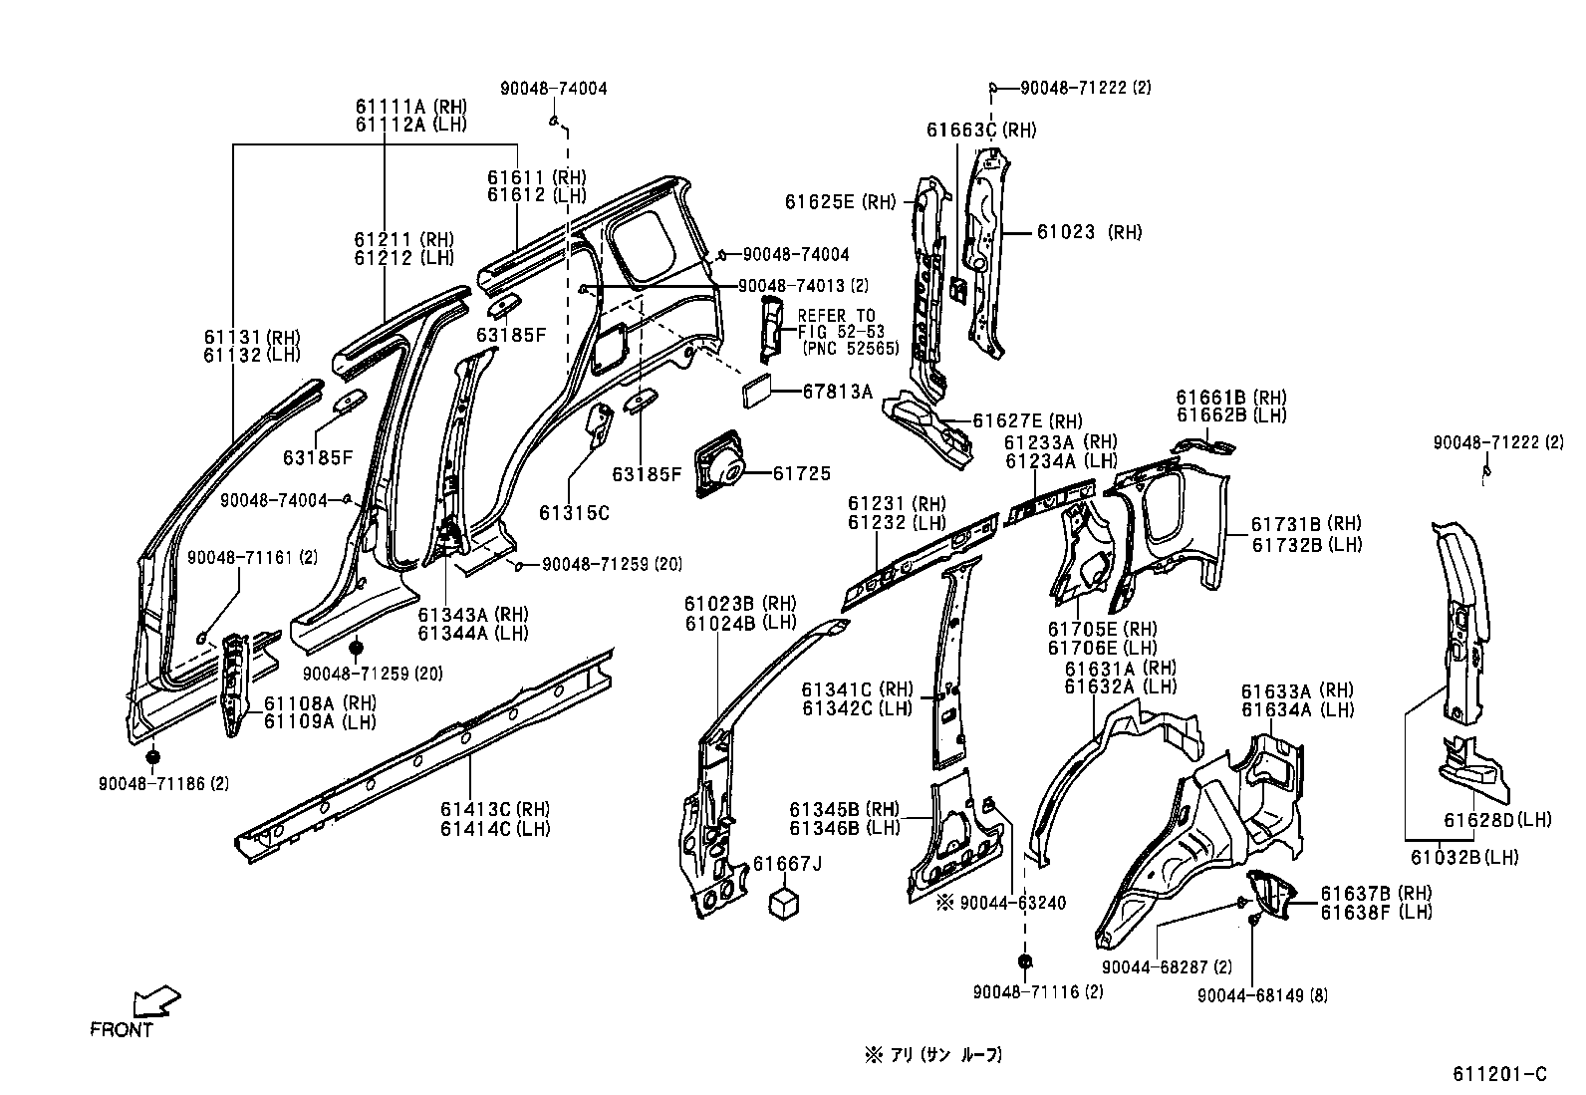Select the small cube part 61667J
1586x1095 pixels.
[x=785, y=904]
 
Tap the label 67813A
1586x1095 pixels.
[x=837, y=392]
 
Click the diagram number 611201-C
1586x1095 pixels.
[x=1498, y=1074]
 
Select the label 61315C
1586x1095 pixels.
[x=574, y=513]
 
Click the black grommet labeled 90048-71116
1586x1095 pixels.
[x=1025, y=962]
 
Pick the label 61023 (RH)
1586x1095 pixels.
[x=1089, y=232]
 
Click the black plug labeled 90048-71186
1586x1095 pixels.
[x=152, y=759]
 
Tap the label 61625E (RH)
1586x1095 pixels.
[x=839, y=202]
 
